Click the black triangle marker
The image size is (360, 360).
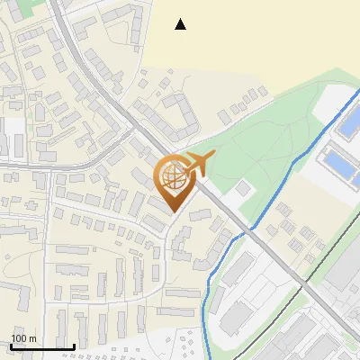coord(181,24)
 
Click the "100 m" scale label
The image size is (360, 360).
coord(23,338)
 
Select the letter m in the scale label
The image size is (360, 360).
coord(32,338)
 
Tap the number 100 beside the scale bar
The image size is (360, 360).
coord(19,338)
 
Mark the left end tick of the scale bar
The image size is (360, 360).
coord(10,346)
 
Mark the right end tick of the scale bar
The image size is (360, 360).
coord(74,346)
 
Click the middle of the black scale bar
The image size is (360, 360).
coord(41,347)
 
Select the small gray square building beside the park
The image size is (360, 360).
coord(242,190)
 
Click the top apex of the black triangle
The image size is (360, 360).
coord(181,19)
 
